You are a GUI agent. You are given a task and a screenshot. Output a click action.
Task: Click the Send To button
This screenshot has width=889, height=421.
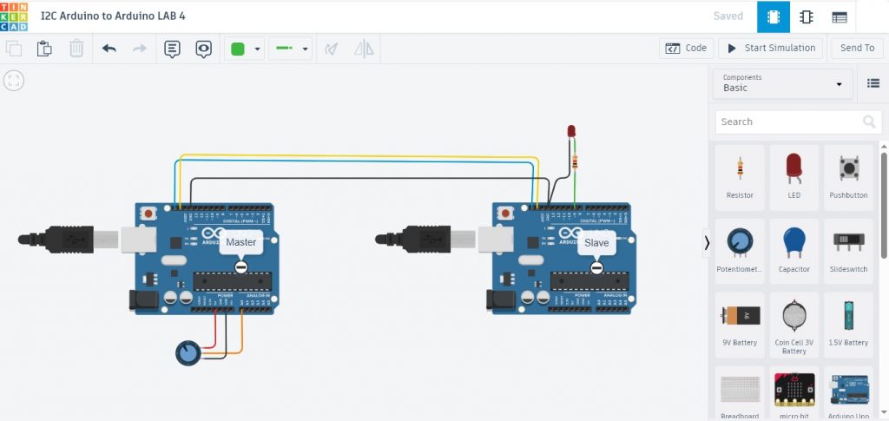[x=857, y=49]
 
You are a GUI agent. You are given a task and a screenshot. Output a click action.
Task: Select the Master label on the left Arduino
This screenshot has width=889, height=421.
[x=240, y=243]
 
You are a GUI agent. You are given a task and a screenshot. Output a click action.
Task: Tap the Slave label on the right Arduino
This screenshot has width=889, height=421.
[x=596, y=243]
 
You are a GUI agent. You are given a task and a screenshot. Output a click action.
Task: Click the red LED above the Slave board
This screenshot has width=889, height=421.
[x=571, y=131]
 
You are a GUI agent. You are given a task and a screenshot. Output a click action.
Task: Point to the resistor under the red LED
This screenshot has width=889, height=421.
[x=574, y=160]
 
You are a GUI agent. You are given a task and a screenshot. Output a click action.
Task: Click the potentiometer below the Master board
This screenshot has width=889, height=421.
[x=188, y=352]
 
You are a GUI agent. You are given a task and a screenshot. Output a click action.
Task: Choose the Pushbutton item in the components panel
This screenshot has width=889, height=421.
[x=847, y=176]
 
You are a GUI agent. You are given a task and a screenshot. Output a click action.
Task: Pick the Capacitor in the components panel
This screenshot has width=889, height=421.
[x=794, y=250]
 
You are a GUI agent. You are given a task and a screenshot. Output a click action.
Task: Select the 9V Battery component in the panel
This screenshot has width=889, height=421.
[x=740, y=324]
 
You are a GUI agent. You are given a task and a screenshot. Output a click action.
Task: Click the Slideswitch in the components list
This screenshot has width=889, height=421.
[x=847, y=250]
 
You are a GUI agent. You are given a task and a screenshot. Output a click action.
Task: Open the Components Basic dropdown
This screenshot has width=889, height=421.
[x=782, y=83]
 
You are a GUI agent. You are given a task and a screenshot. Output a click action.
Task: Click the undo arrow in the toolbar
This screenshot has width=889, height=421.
[x=109, y=49]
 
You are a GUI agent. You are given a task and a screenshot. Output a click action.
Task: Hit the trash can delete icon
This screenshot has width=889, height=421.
[x=76, y=49]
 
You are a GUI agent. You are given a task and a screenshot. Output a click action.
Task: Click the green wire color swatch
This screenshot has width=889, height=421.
[x=237, y=49]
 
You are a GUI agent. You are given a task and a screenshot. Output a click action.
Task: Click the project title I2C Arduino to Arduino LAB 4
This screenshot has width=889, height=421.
[x=113, y=16]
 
